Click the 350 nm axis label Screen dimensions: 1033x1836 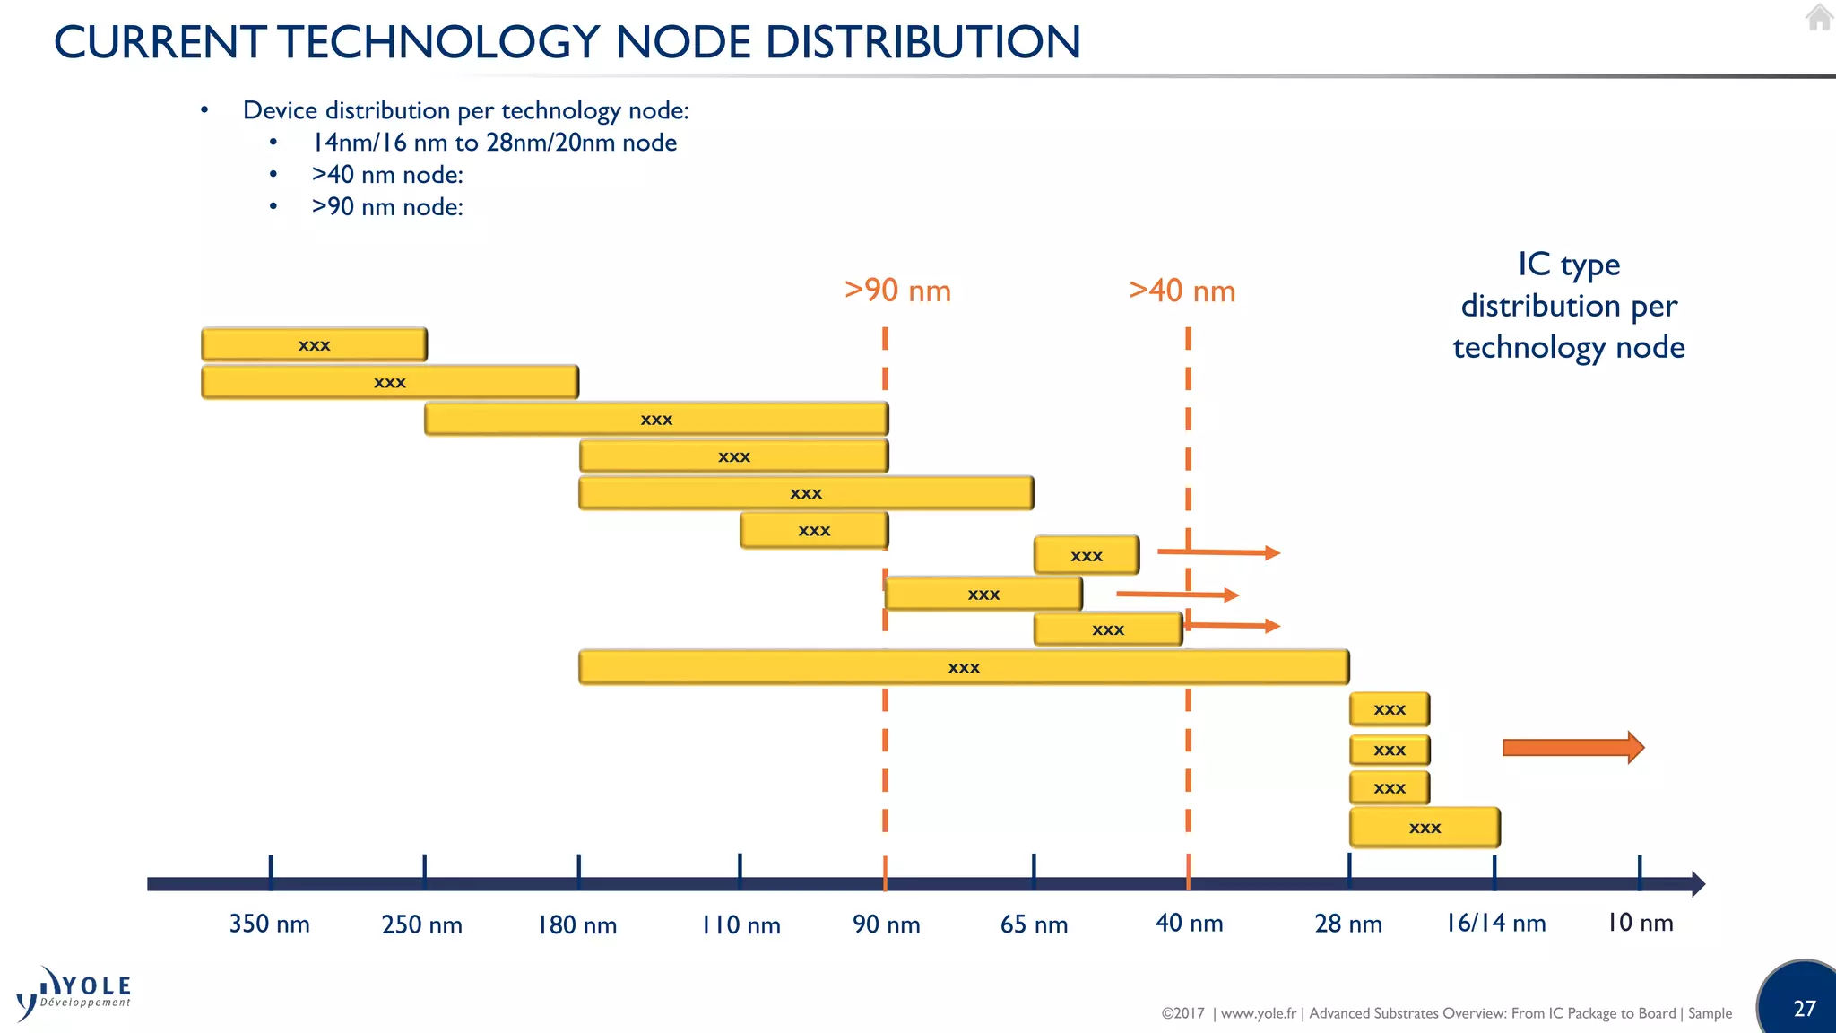(269, 924)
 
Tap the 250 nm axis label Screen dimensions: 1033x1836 (421, 924)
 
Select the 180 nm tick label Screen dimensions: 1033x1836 (577, 924)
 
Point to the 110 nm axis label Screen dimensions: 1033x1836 (740, 924)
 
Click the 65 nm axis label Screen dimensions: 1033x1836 (1034, 924)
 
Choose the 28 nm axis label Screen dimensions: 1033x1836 (1347, 924)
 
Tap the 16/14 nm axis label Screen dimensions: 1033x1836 (1495, 923)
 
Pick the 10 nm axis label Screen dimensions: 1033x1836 (1640, 923)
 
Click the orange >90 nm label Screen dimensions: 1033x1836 (897, 291)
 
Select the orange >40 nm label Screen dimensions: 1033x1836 (1182, 291)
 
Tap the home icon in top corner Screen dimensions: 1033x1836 (1819, 17)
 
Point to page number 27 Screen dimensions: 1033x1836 (1804, 1009)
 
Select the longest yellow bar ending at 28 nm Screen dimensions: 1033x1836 (964, 667)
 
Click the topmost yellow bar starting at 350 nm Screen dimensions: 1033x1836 (314, 344)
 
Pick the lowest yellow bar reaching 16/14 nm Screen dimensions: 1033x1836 (1425, 827)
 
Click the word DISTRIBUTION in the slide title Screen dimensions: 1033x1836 (923, 42)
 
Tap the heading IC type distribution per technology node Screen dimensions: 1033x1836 (1569, 306)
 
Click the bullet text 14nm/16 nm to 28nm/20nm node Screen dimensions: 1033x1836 (494, 143)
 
